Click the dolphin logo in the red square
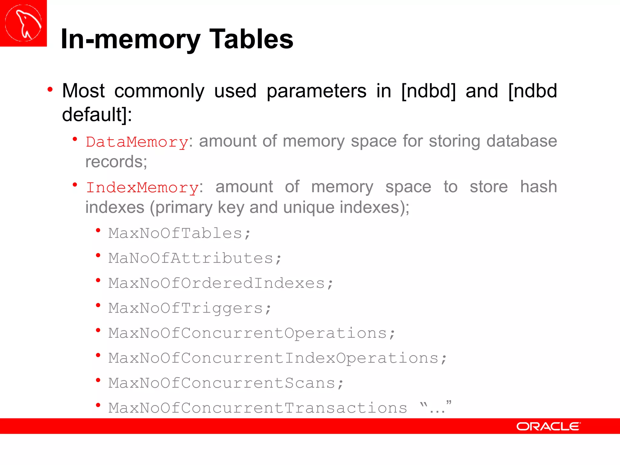click(x=23, y=23)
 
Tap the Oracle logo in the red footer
click(x=548, y=426)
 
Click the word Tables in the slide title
click(x=251, y=39)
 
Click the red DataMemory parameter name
click(x=137, y=142)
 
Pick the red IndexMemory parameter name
click(x=142, y=187)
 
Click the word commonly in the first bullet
click(x=159, y=91)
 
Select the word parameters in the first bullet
click(x=316, y=91)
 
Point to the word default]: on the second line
click(x=97, y=114)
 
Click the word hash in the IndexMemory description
click(x=539, y=187)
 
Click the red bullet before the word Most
click(x=50, y=90)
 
